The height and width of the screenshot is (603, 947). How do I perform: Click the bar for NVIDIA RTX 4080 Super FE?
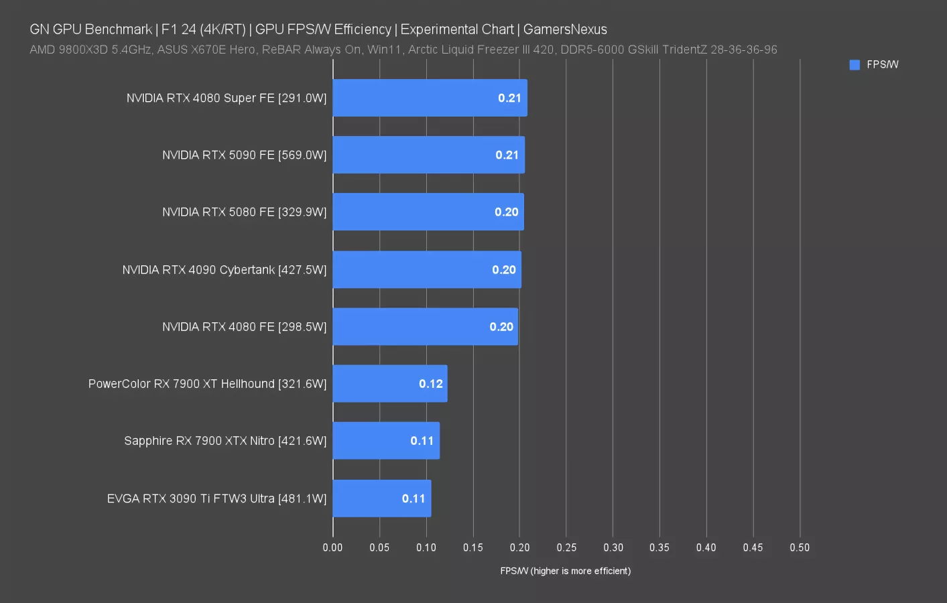pos(430,98)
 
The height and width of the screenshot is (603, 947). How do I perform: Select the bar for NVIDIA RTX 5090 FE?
pos(428,155)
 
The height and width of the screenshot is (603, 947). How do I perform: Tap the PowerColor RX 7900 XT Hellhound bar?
pos(389,384)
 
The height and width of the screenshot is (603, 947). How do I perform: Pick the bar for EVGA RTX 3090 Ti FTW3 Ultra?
pos(381,498)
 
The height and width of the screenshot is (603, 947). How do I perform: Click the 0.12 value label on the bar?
pos(431,384)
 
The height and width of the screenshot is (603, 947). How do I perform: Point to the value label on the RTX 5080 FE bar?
pos(507,212)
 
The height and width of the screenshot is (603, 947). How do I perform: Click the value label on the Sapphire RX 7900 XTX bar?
pos(422,441)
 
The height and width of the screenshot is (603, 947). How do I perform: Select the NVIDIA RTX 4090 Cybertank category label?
pos(224,270)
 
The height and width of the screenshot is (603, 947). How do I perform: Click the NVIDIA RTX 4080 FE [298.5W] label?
pos(244,327)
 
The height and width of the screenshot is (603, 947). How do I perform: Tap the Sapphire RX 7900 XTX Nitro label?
pos(225,441)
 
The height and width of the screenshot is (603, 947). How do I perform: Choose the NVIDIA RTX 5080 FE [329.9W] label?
pos(244,212)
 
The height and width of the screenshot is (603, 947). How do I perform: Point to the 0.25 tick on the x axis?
pos(566,547)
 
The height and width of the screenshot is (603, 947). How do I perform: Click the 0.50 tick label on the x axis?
pos(800,547)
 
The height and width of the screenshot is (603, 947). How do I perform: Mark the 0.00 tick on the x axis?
pos(332,547)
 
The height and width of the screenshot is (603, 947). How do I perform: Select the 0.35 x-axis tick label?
pos(659,547)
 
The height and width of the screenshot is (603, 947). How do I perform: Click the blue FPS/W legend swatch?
pos(855,65)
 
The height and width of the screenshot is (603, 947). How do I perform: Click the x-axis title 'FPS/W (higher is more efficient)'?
pos(565,571)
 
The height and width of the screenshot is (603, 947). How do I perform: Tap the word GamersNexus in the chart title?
pos(565,29)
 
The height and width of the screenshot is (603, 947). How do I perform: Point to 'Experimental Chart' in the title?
pos(457,29)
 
